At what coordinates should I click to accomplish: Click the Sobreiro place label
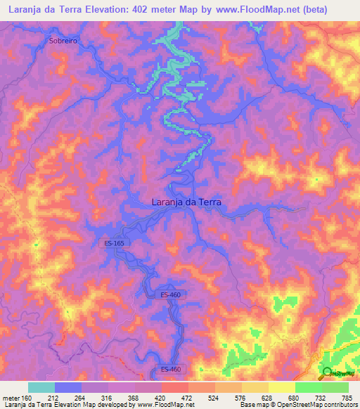click(63, 41)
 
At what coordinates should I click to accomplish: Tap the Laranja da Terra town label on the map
click(186, 202)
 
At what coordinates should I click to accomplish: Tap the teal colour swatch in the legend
click(41, 387)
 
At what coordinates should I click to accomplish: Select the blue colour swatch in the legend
click(68, 387)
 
